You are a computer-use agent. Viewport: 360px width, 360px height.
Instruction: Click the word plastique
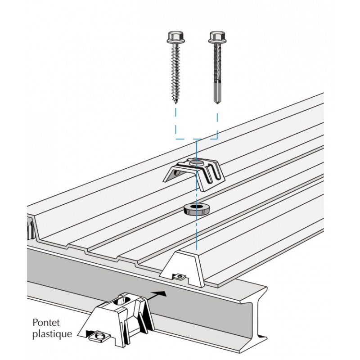(x=52, y=334)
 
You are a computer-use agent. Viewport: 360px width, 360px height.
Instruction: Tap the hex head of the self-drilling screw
(x=217, y=37)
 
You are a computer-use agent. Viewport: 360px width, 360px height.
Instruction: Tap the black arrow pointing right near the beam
(x=156, y=296)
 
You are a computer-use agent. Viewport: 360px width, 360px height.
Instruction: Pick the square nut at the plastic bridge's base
(x=99, y=336)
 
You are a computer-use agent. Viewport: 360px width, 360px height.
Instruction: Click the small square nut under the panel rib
(x=180, y=277)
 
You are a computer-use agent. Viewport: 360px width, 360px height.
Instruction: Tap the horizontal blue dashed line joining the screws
(x=197, y=139)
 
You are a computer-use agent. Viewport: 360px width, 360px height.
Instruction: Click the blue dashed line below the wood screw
(x=176, y=121)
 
